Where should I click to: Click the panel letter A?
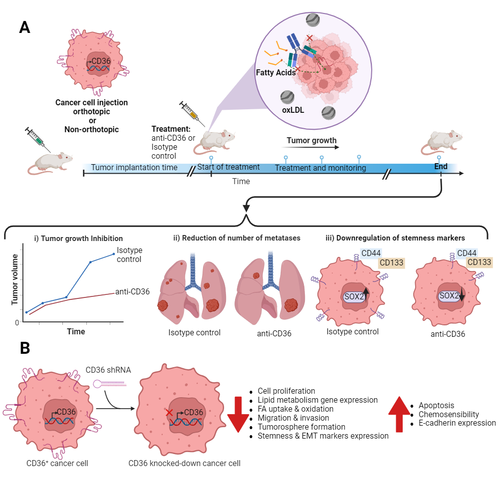point(24,27)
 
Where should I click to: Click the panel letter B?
point(24,348)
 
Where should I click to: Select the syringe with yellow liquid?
point(191,112)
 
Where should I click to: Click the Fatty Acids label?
point(275,72)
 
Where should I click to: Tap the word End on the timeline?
point(441,167)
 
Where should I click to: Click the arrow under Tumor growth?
point(312,148)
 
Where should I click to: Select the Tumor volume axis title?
point(15,279)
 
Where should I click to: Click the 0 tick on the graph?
point(17,322)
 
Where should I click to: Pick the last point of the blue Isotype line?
point(114,254)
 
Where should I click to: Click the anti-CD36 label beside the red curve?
point(133,291)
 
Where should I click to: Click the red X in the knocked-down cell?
point(170,413)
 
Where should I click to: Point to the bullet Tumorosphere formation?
point(301,427)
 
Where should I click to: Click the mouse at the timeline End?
point(442,140)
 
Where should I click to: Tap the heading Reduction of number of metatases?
point(241,238)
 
